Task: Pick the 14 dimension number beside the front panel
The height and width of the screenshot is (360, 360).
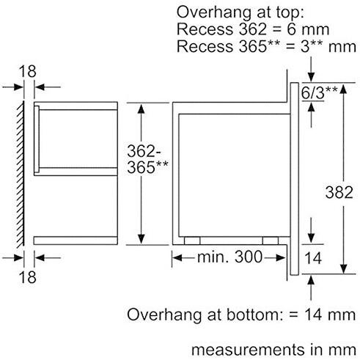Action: (x=313, y=257)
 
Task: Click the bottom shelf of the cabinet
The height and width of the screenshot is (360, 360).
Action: (x=75, y=239)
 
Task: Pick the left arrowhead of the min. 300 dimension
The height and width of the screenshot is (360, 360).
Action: (x=176, y=257)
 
